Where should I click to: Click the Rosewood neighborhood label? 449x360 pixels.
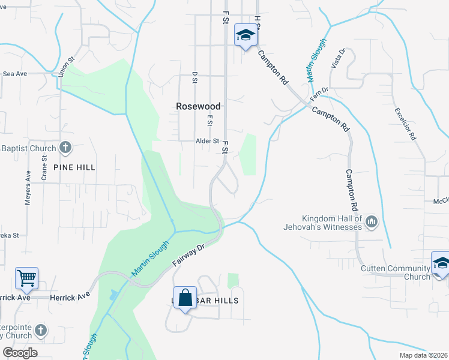(x=198, y=106)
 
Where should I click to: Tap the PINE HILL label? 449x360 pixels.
(x=74, y=167)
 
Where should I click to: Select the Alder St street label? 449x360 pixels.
(x=208, y=142)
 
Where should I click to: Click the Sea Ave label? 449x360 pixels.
(x=15, y=74)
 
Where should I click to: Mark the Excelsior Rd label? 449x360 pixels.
(x=405, y=124)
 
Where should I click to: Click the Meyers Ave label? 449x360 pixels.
(x=28, y=188)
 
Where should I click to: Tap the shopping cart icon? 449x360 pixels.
(x=27, y=278)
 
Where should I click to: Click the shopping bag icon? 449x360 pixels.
(x=185, y=298)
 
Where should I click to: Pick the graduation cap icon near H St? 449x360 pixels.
(x=245, y=37)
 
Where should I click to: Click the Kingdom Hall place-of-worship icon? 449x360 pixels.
(x=371, y=223)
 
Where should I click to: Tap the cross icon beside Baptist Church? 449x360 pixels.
(x=66, y=148)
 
